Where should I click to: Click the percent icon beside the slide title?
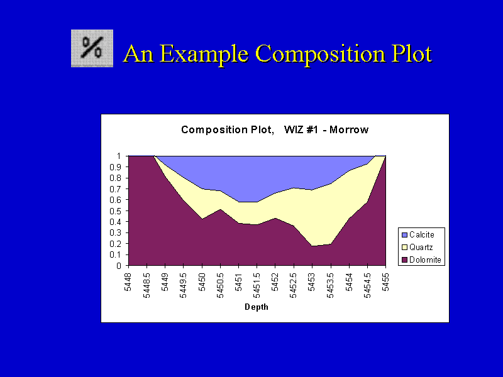point(92,48)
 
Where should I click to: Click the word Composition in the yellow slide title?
point(321,55)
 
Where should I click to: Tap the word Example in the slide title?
point(203,55)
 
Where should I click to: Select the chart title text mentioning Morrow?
point(275,129)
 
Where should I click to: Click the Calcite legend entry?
point(417,234)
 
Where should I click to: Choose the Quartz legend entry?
point(417,247)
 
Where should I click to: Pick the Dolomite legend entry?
point(421,260)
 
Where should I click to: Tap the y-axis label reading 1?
point(119,156)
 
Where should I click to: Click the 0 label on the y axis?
point(119,266)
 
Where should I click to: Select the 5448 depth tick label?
point(128,282)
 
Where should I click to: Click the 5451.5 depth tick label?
point(257,286)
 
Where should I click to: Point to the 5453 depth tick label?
point(312,282)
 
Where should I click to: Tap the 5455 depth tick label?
point(385,282)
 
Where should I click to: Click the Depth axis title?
point(257,307)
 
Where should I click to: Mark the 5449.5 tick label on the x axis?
point(183,286)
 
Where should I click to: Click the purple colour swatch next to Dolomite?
point(404,260)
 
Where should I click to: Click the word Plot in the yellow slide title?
point(412,55)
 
